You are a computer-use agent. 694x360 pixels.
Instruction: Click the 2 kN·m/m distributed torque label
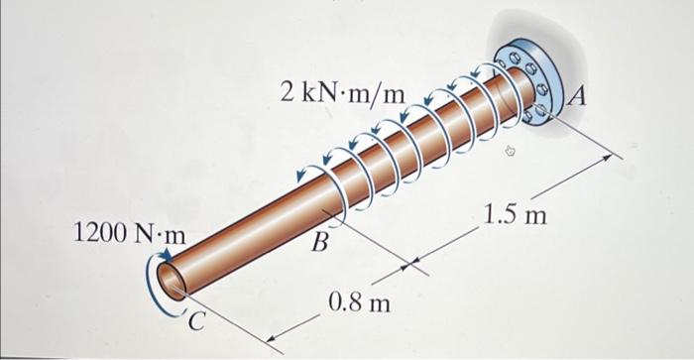[x=342, y=93]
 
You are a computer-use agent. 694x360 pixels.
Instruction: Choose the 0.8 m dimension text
[x=358, y=301]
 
